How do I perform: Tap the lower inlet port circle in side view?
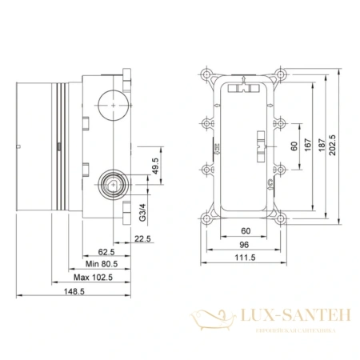pos(110,184)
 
